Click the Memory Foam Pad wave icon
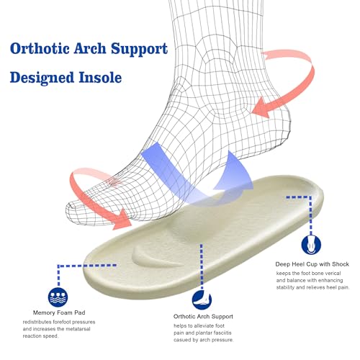[58, 297]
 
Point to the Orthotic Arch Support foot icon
[202, 300]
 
